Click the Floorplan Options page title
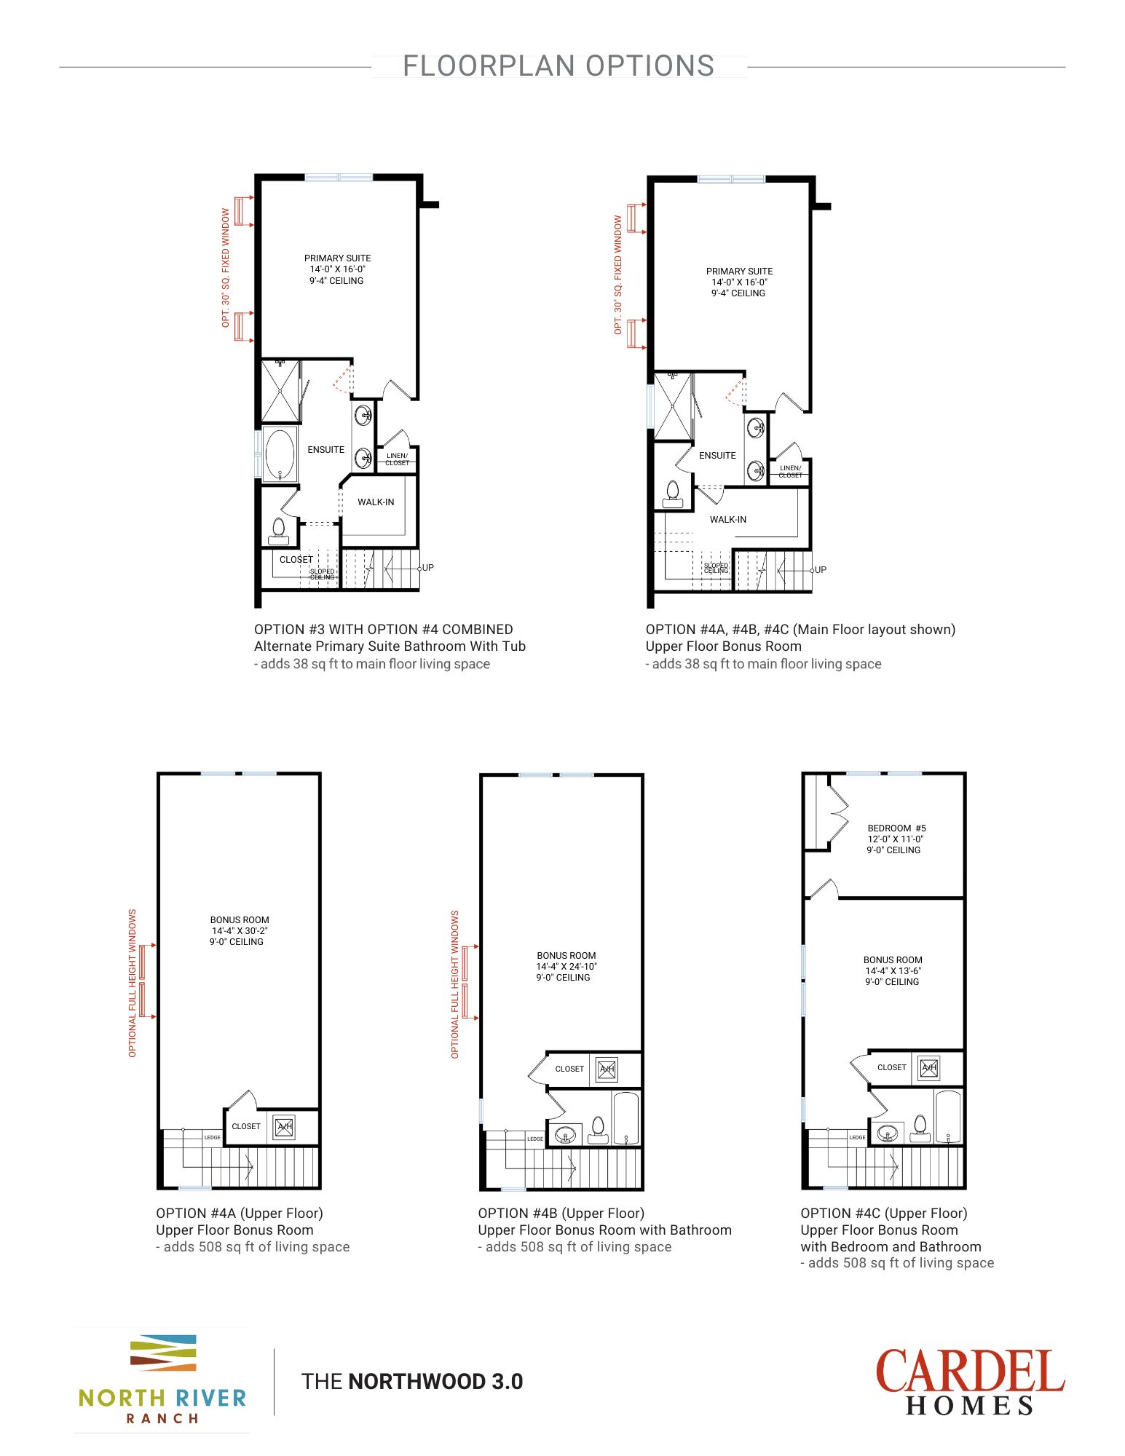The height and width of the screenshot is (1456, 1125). pyautogui.click(x=558, y=66)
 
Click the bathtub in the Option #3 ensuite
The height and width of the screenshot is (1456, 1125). pyautogui.click(x=280, y=454)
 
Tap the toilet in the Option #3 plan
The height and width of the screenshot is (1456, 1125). pyautogui.click(x=278, y=530)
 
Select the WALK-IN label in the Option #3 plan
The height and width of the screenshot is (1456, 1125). pyautogui.click(x=376, y=502)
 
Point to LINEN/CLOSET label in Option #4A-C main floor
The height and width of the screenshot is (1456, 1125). pyautogui.click(x=790, y=472)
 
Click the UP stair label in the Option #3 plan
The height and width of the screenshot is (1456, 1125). pyautogui.click(x=428, y=568)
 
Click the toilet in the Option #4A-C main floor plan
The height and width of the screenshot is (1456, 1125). pyautogui.click(x=673, y=494)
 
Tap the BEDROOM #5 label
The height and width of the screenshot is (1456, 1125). pyautogui.click(x=896, y=828)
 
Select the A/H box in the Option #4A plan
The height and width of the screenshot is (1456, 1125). pyautogui.click(x=284, y=1126)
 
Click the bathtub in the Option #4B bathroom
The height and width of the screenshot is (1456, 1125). pyautogui.click(x=625, y=1118)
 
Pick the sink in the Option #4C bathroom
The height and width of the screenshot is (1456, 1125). pyautogui.click(x=887, y=1133)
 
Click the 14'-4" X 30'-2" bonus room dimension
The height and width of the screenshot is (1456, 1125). pyautogui.click(x=240, y=931)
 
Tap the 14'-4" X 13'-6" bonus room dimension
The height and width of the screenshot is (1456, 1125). pyautogui.click(x=893, y=971)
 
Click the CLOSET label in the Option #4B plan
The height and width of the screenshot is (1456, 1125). pyautogui.click(x=569, y=1069)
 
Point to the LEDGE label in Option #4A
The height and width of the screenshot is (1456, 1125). pyautogui.click(x=212, y=1137)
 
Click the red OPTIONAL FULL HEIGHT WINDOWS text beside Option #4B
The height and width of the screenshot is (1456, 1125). pyautogui.click(x=455, y=984)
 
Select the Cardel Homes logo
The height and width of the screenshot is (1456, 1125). pyautogui.click(x=969, y=1382)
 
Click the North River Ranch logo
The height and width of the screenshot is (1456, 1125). pyautogui.click(x=162, y=1380)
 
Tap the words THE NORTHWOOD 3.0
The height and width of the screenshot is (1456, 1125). pyautogui.click(x=412, y=1382)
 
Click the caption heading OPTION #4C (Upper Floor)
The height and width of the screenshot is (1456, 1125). pyautogui.click(x=883, y=1214)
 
